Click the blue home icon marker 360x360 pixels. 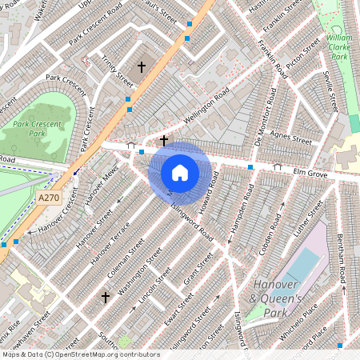(x=180, y=173)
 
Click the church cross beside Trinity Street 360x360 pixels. (x=143, y=67)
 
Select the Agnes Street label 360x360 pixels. (x=291, y=138)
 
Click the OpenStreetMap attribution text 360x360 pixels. (x=80, y=354)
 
